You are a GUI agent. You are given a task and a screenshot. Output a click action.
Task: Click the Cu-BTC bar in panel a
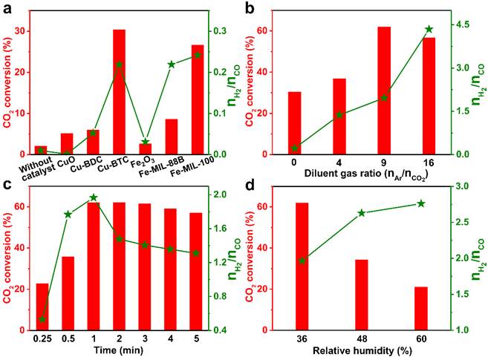tap(119, 92)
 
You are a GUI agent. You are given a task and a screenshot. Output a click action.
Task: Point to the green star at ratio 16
tap(429, 29)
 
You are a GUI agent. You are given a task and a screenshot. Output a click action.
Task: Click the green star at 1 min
tap(94, 197)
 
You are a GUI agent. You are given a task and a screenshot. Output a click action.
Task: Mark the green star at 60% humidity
tap(421, 203)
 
